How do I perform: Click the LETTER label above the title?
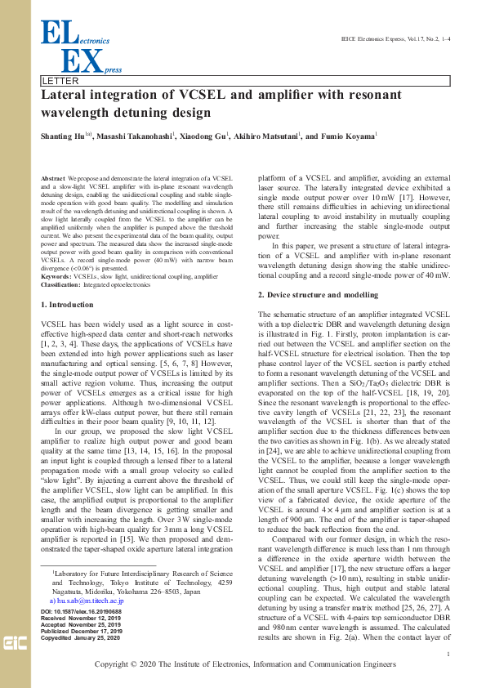pyautogui.click(x=60, y=82)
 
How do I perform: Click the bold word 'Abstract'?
pyautogui.click(x=52, y=177)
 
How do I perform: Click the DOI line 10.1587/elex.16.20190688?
pyautogui.click(x=80, y=612)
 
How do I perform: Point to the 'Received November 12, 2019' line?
pyautogui.click(x=82, y=619)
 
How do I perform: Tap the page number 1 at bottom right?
pyautogui.click(x=449, y=654)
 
